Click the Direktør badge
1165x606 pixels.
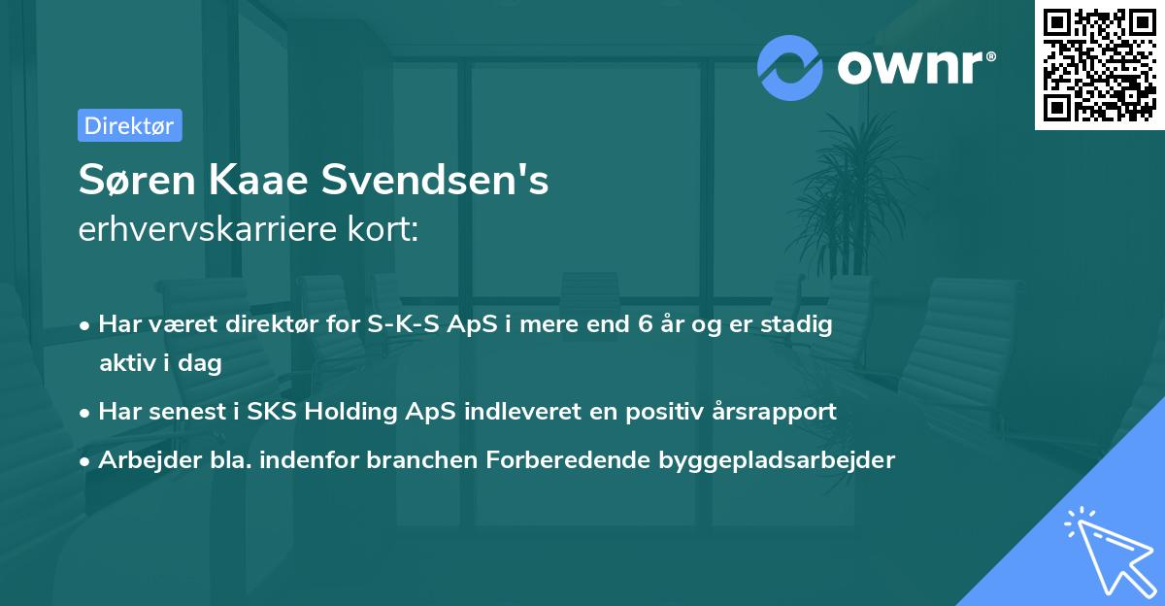click(x=129, y=125)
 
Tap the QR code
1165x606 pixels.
click(x=1099, y=64)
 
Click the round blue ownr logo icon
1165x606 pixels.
click(x=790, y=67)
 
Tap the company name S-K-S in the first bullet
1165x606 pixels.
click(x=400, y=325)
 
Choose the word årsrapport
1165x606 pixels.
click(x=778, y=411)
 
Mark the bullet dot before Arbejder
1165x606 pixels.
click(x=87, y=460)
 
